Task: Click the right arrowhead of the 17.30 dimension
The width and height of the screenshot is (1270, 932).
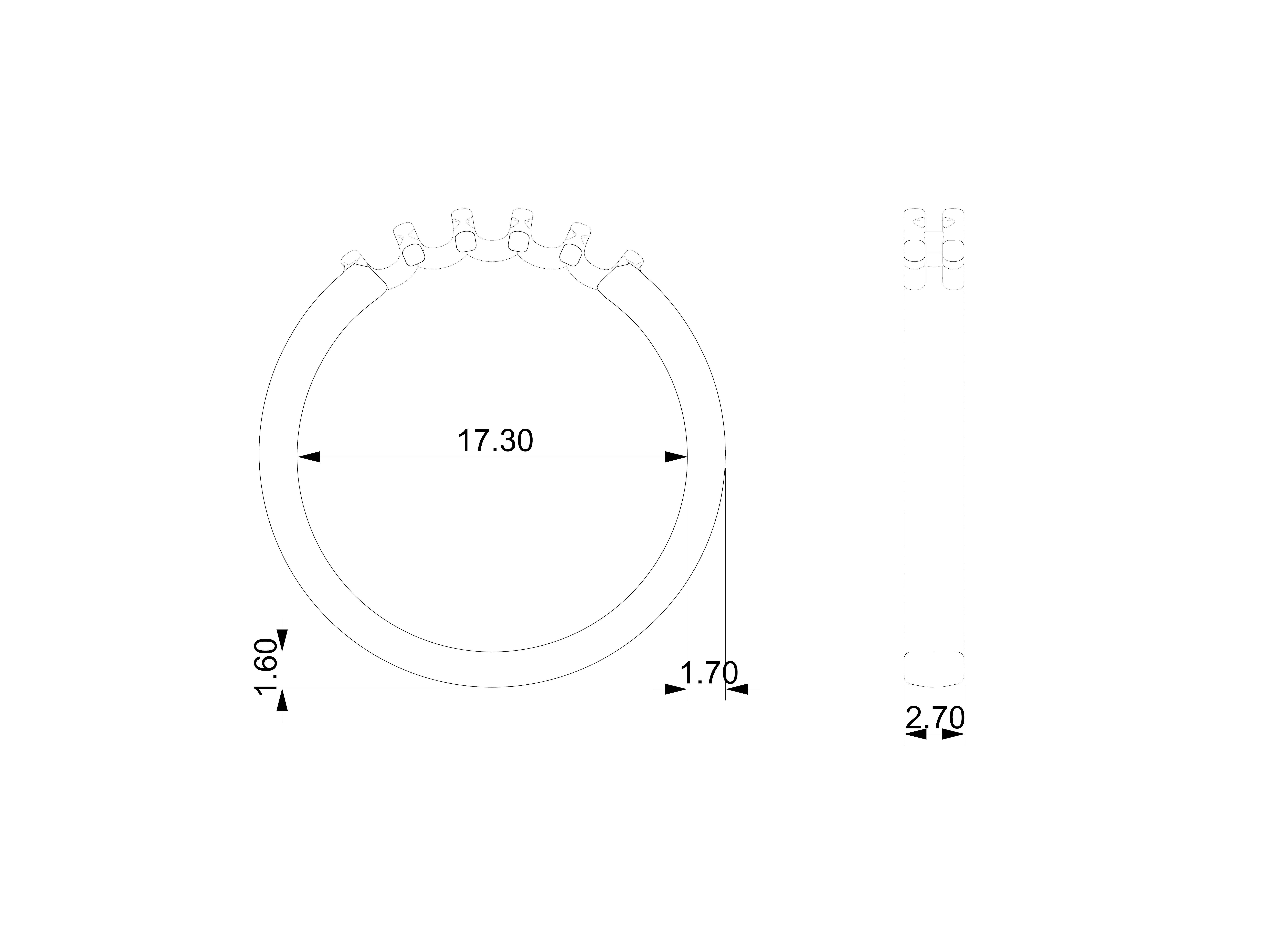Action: pos(676,457)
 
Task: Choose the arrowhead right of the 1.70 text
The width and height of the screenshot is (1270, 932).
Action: pos(737,689)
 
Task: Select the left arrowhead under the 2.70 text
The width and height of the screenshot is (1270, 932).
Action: pos(915,734)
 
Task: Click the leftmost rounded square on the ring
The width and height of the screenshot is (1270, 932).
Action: pos(414,255)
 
